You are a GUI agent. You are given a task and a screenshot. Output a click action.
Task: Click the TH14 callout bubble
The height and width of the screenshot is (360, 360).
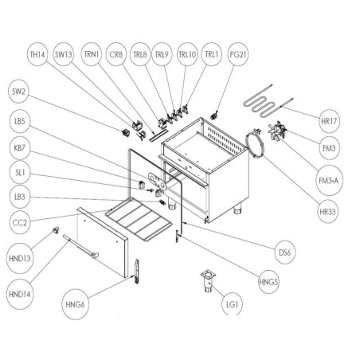[37, 55]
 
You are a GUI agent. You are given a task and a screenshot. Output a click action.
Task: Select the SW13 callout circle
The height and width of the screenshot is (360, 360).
[65, 55]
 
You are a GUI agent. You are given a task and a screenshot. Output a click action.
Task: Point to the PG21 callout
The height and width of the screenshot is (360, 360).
[237, 55]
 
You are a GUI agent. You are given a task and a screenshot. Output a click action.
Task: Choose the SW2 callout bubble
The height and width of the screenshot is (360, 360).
[20, 92]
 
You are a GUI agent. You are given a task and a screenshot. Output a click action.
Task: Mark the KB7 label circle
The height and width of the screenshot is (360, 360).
[20, 149]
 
